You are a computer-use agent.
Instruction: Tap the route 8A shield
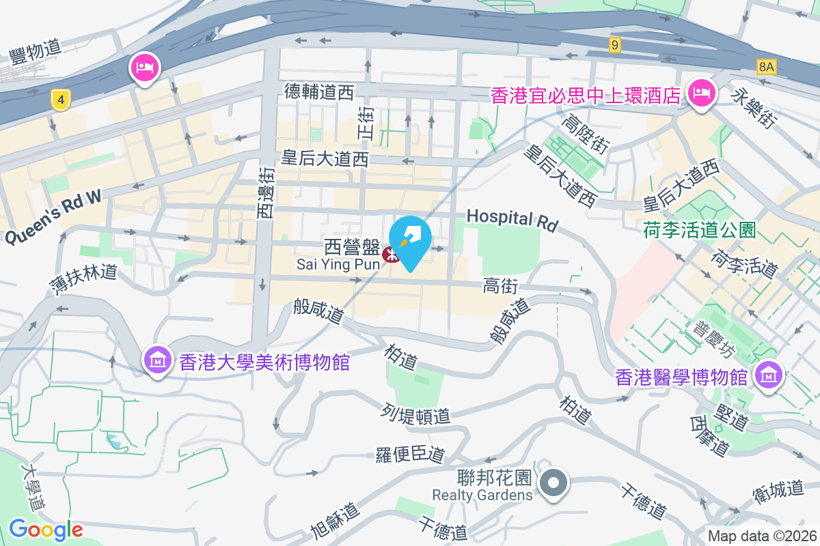(767, 66)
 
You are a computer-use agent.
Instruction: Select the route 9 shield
(616, 45)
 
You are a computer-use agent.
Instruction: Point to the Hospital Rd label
(512, 219)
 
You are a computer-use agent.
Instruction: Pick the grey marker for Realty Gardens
(553, 484)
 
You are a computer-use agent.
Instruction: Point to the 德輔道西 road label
(318, 91)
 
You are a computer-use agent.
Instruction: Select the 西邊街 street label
(265, 193)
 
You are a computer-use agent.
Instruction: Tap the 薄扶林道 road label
(83, 277)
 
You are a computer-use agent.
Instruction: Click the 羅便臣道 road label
(410, 455)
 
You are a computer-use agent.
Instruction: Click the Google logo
(46, 529)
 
